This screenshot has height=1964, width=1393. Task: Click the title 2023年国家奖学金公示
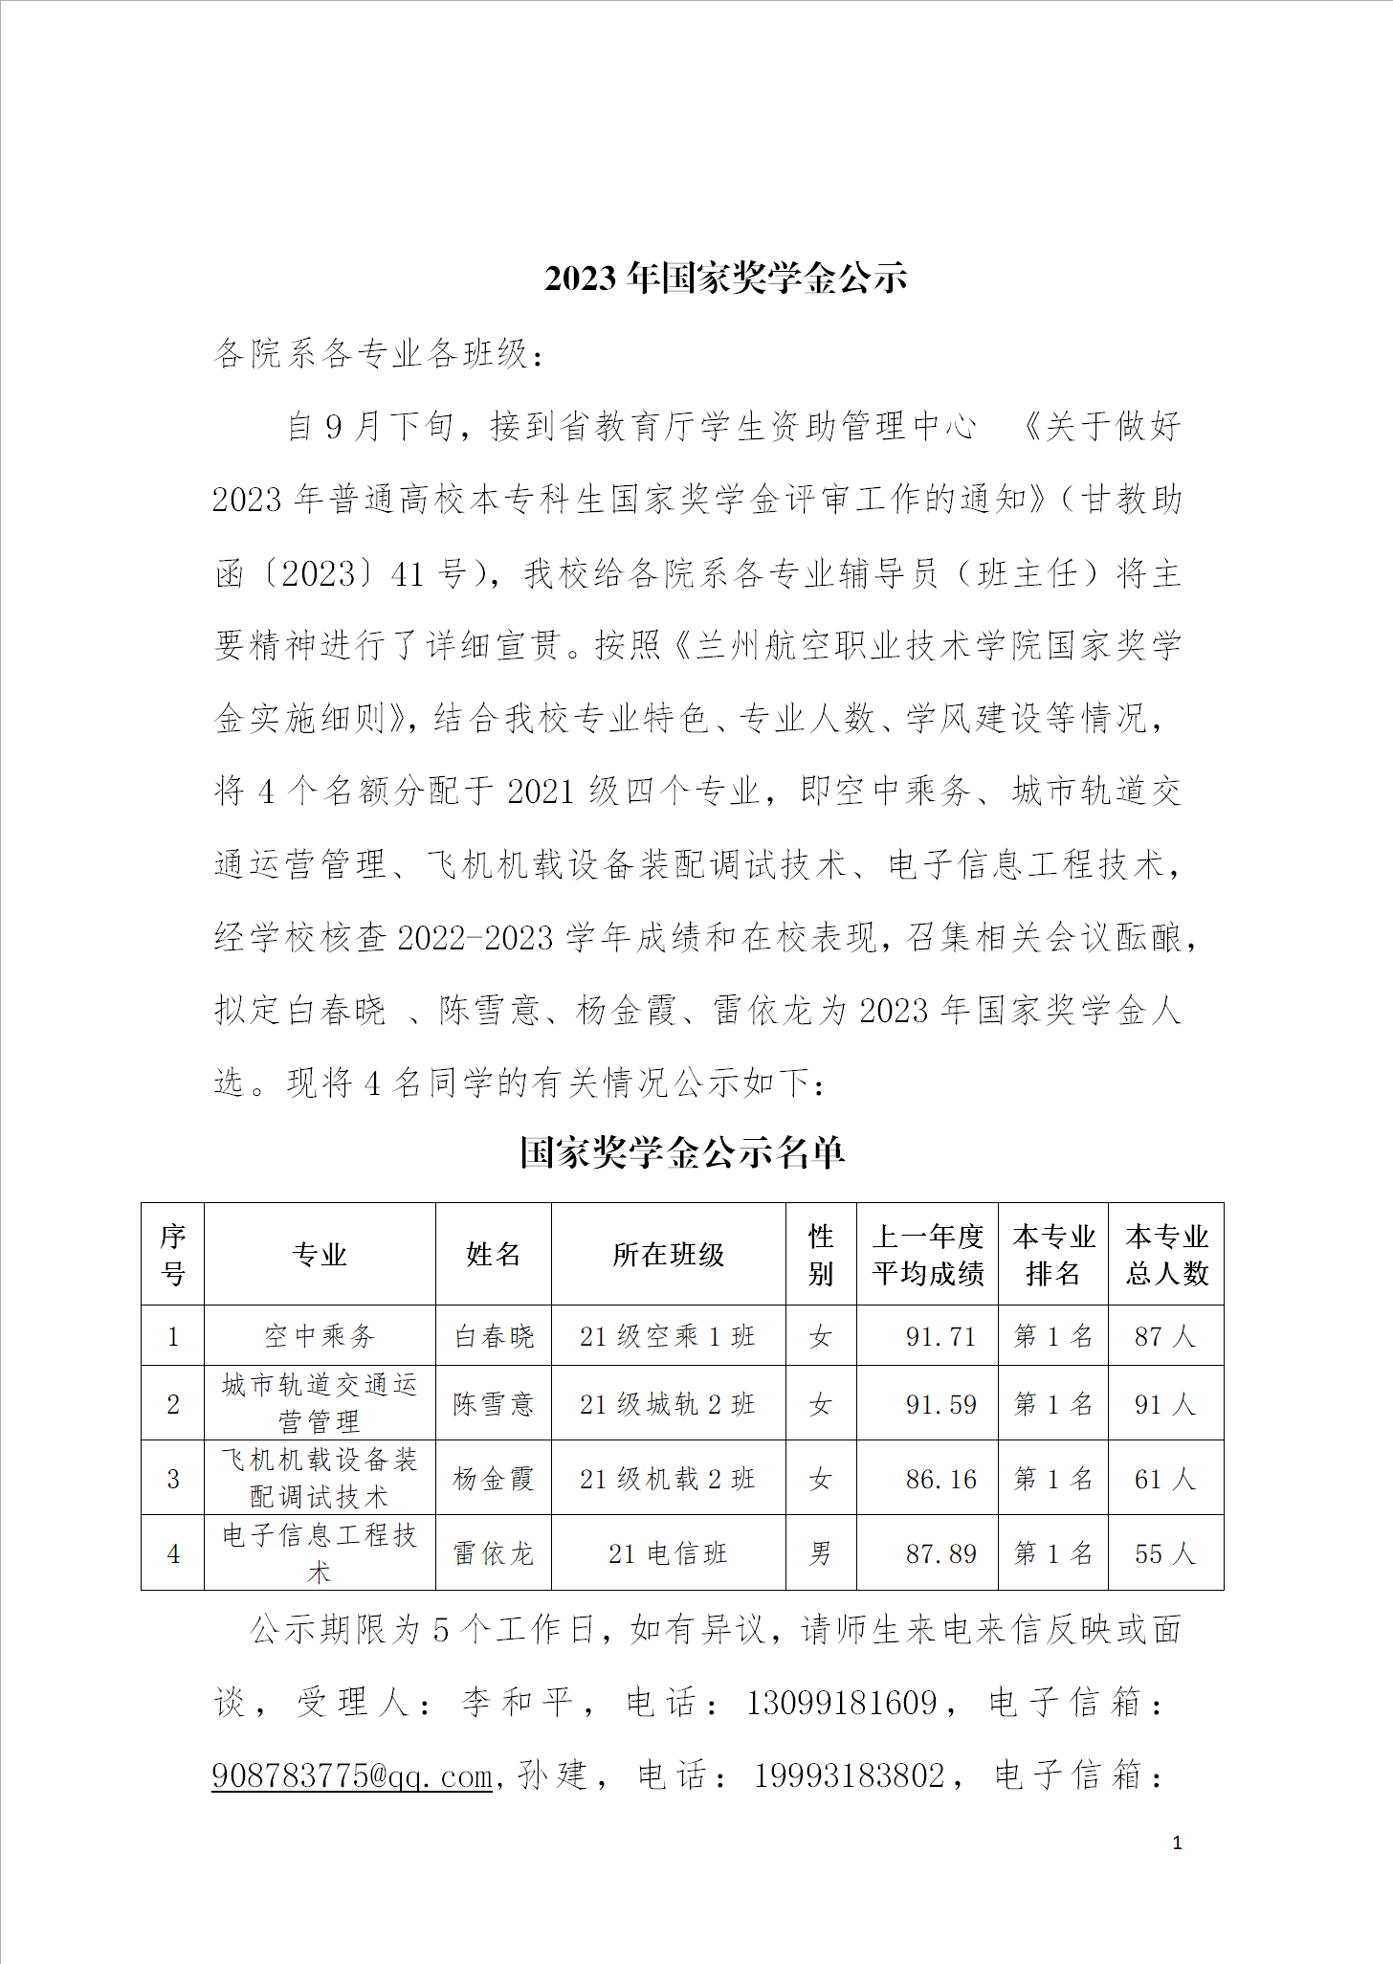pos(725,278)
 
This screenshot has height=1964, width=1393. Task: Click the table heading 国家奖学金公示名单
pos(682,1151)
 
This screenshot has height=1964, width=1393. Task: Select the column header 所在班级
pos(668,1254)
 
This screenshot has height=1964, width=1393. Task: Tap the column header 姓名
pos(493,1254)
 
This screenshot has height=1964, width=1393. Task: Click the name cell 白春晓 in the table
pos(493,1336)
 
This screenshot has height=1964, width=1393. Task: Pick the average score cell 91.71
pos(940,1336)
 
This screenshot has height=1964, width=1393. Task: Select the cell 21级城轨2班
pos(668,1404)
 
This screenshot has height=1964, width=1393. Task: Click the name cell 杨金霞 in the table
pos(493,1479)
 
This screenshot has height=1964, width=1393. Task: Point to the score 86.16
pos(940,1479)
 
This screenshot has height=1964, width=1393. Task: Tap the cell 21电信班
pos(668,1553)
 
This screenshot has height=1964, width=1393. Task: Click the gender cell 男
pos(820,1553)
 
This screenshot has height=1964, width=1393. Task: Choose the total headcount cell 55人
pos(1164,1553)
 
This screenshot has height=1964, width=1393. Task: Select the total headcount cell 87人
pos(1164,1336)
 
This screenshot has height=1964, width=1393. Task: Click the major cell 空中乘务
pos(320,1336)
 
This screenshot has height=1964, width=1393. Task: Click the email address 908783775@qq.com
pos(352,1776)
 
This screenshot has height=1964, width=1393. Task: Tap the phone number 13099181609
pos(841,1703)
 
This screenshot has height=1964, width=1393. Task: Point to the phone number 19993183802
pos(849,1776)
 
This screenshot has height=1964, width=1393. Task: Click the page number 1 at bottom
pos(1177,1842)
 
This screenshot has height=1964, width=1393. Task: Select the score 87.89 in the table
pos(940,1553)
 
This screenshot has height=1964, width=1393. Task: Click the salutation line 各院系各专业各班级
pos(379,353)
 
